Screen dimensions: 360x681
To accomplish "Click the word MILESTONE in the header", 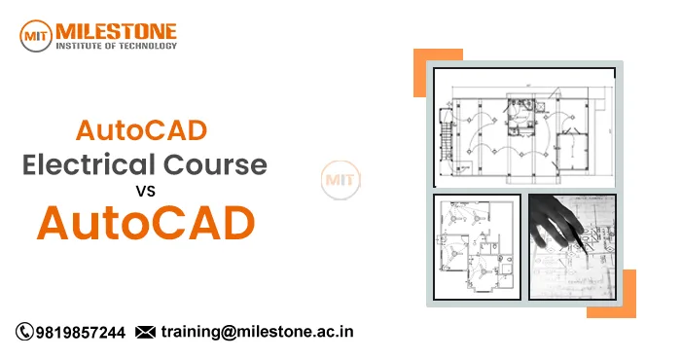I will click(118, 27).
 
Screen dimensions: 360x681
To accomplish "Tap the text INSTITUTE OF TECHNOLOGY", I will click(117, 46).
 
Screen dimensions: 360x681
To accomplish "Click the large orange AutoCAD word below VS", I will click(145, 224).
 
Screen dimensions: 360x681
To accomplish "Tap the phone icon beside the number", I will click(24, 333).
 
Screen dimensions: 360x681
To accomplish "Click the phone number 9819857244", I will click(80, 333).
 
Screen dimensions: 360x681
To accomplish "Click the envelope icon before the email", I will click(145, 333).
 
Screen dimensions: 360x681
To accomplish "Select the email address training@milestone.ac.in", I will click(257, 332).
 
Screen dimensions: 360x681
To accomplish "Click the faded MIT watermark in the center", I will click(340, 181).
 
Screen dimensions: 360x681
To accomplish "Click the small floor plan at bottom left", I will click(476, 246).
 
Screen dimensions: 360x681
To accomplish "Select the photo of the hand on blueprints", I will click(572, 246).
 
